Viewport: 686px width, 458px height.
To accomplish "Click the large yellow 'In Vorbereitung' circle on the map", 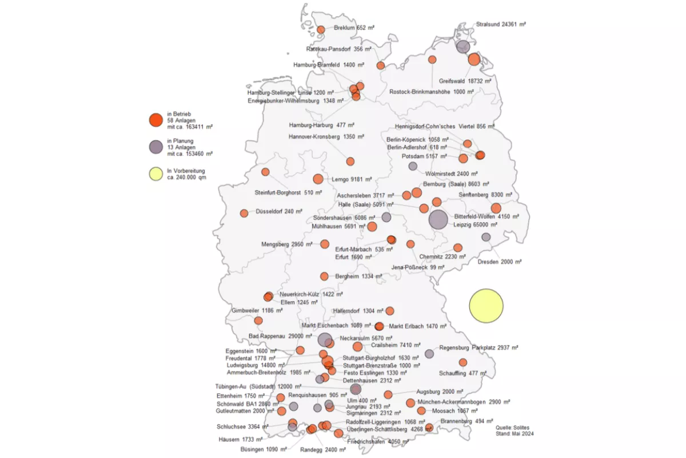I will (x=486, y=305).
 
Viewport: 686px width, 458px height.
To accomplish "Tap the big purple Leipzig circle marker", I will (x=438, y=220).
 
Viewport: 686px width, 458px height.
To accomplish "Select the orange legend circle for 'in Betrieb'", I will (x=155, y=121).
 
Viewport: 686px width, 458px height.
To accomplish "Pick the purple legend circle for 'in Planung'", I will (x=155, y=147).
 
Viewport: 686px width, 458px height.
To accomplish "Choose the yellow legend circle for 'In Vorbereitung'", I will (x=155, y=173).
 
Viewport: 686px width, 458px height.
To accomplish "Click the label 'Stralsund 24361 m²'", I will (x=501, y=25).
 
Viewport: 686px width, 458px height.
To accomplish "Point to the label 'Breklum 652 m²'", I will (x=349, y=27).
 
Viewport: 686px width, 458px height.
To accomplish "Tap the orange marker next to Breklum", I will (x=321, y=30).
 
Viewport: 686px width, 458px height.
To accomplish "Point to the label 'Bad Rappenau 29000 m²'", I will (x=280, y=336).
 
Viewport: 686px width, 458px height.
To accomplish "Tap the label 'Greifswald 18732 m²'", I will (x=465, y=81).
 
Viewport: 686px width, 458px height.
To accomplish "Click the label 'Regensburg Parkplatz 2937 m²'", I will (x=478, y=348).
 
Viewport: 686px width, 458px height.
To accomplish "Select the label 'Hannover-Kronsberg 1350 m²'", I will (x=322, y=137).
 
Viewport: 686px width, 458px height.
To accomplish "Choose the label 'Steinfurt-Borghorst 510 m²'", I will (x=284, y=192).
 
